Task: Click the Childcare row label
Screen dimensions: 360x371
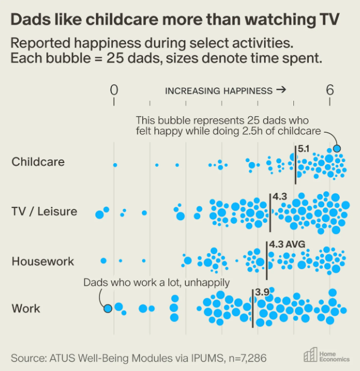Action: coord(38,162)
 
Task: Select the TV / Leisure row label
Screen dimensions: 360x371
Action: coord(44,211)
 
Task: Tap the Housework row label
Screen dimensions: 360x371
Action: coord(43,261)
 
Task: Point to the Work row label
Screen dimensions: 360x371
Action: coord(26,309)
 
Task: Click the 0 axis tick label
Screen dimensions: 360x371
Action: coord(114,90)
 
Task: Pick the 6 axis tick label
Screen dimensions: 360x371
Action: coord(330,90)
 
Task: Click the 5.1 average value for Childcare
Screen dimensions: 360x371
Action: coord(304,149)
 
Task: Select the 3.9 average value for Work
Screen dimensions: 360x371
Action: coord(263,293)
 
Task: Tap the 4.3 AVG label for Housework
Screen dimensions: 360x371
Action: coord(287,244)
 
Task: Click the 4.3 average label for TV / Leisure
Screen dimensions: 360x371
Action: coord(280,196)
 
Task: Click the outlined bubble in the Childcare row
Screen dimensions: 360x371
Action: coord(337,149)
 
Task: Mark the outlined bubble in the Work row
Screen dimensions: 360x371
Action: coord(108,309)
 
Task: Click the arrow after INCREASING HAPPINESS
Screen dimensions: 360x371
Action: coord(281,90)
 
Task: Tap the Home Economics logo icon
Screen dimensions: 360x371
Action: coord(310,354)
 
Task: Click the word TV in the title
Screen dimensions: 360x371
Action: coord(330,19)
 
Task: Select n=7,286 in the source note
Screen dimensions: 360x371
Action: coord(248,358)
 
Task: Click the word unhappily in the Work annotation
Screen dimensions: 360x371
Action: coord(207,283)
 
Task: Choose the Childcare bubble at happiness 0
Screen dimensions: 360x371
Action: coord(115,165)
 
